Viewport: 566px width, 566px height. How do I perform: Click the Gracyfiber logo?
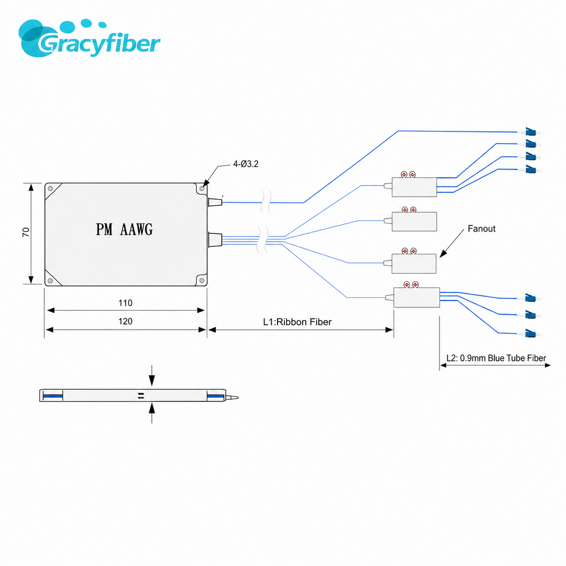click(x=89, y=38)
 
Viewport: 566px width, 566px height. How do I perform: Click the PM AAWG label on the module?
click(x=124, y=229)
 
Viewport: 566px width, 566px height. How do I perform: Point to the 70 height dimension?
click(x=26, y=232)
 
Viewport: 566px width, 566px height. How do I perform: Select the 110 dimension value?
click(x=125, y=303)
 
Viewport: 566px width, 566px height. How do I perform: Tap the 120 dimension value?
click(x=125, y=321)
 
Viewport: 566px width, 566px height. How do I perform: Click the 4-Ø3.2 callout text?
click(x=246, y=164)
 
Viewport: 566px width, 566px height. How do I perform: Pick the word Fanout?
click(x=482, y=228)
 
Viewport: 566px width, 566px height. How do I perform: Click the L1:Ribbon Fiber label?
click(x=297, y=322)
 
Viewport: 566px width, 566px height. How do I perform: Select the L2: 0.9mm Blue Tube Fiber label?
click(x=496, y=358)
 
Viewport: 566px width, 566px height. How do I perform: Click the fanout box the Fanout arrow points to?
click(x=414, y=264)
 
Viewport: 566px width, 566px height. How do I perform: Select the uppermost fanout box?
click(x=414, y=187)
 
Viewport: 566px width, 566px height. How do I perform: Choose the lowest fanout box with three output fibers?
click(x=417, y=297)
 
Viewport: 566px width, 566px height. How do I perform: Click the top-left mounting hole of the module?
click(x=50, y=188)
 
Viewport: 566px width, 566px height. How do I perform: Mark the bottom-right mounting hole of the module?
click(x=202, y=280)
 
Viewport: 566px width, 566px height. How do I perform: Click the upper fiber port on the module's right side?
click(x=215, y=202)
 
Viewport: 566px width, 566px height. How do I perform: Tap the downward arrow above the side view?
click(x=152, y=376)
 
